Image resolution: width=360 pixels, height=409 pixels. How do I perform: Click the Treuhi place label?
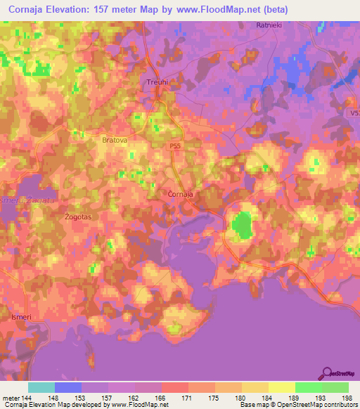tap(157, 82)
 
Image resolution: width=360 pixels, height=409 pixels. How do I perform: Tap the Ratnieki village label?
tap(268, 25)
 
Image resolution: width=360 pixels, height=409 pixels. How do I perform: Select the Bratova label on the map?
tap(115, 140)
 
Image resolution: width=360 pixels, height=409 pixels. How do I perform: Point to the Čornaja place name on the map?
tap(181, 193)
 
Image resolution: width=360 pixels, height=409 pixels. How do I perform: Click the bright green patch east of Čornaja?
tap(243, 226)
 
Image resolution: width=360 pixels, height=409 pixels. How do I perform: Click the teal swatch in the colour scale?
tap(41, 387)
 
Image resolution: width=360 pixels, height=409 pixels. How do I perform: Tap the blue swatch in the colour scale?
tap(67, 387)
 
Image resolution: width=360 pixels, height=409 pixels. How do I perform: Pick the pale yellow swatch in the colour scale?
tap(281, 387)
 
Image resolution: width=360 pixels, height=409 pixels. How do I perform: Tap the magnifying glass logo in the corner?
tap(326, 372)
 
